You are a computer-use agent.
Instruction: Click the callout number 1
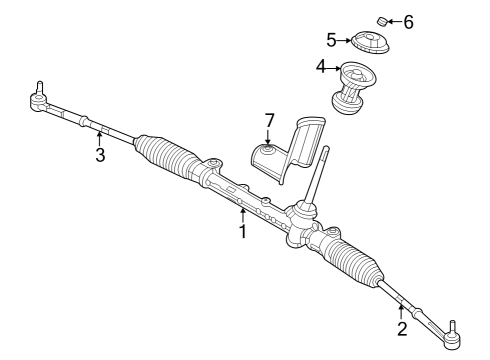[x=242, y=232]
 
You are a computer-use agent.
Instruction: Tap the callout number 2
[x=402, y=328]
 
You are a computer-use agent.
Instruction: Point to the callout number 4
[x=322, y=68]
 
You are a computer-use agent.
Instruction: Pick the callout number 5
[x=332, y=40]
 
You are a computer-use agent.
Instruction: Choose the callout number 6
[x=407, y=20]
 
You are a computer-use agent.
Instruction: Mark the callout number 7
[x=269, y=120]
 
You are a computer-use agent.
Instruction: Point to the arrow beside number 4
[x=335, y=68]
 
